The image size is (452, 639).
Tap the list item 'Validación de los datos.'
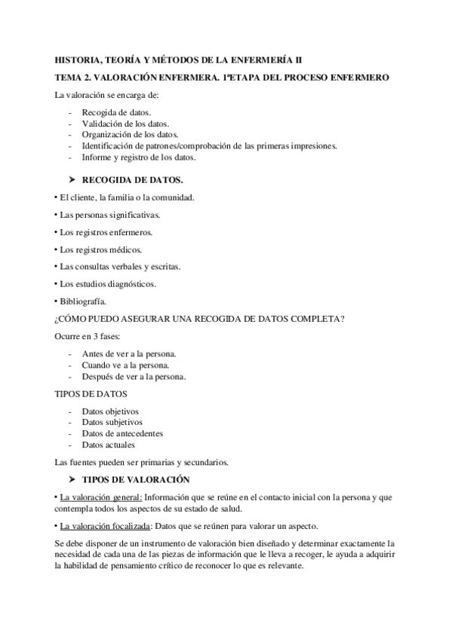[125, 124]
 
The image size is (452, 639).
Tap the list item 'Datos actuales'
[109, 445]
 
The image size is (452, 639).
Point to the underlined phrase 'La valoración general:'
[100, 497]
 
